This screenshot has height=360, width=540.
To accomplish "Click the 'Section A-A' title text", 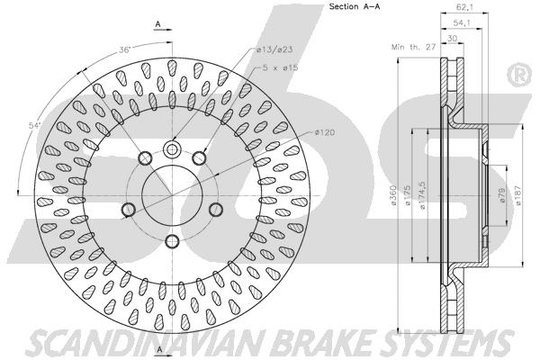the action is click(x=355, y=6).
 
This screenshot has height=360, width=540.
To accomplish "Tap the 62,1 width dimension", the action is click(x=463, y=6).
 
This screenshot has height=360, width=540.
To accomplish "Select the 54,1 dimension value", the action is click(x=462, y=22).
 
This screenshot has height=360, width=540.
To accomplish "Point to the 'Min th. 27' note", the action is click(x=414, y=47).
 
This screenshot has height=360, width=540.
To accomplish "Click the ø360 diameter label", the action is click(x=393, y=195).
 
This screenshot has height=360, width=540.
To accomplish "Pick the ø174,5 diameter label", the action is click(x=422, y=195).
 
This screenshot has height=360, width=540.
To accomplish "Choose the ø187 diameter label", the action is click(x=518, y=195).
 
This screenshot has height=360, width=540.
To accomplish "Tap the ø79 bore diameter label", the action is click(x=501, y=195).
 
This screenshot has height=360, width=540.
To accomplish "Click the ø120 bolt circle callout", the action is click(x=324, y=132).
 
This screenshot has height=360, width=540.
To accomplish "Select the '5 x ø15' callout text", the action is click(x=280, y=67).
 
